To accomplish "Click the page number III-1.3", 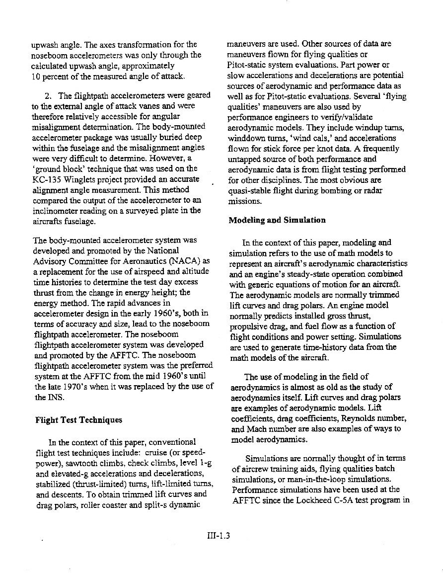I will click(219, 536).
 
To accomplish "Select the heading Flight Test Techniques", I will click(78, 420).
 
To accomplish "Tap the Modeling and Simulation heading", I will click(277, 220).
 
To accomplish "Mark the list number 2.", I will click(48, 95).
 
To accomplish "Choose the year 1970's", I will click(62, 386).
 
